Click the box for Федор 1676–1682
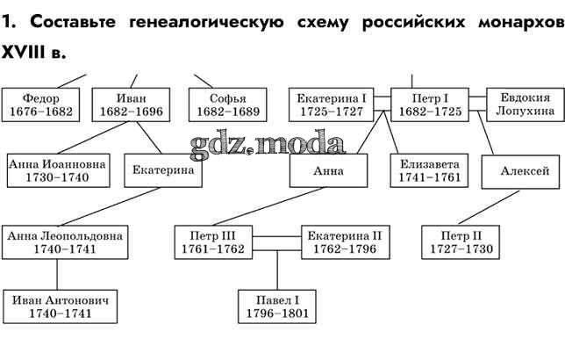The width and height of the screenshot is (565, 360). tap(41, 104)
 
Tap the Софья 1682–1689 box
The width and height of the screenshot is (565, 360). tap(227, 104)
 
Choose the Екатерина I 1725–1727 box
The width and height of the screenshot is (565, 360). tap(331, 104)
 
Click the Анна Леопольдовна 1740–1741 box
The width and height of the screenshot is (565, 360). tap(64, 241)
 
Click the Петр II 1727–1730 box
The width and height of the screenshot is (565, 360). tap(461, 241)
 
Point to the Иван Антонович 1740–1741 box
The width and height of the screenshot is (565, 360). tap(61, 306)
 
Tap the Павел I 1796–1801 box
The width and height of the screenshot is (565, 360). tap(277, 306)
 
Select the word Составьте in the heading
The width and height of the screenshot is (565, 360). tap(68, 24)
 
